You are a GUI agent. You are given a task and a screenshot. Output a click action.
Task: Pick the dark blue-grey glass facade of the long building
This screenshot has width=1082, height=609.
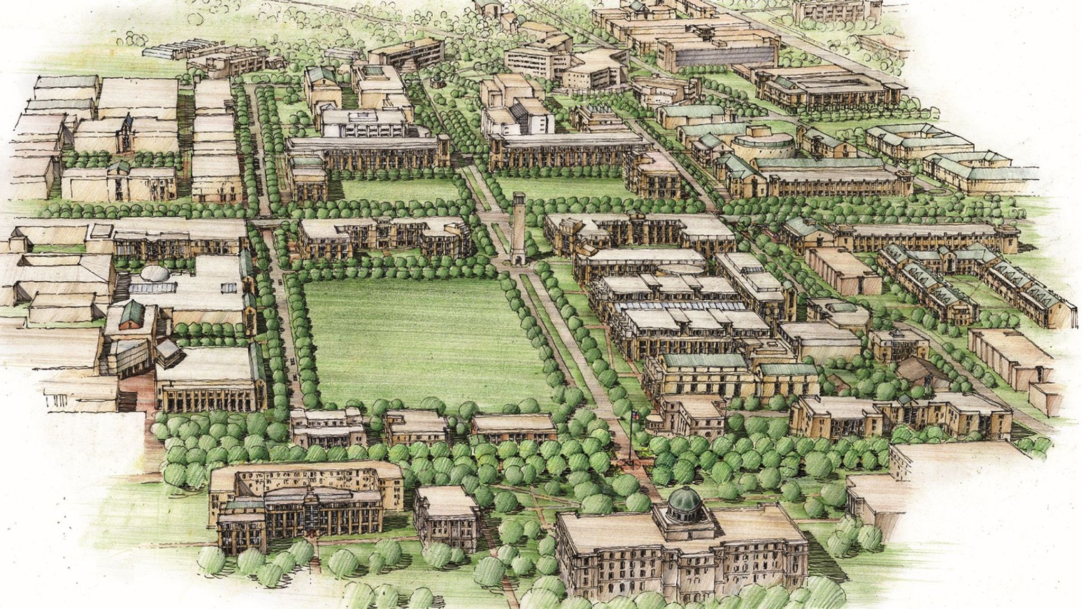(724, 55)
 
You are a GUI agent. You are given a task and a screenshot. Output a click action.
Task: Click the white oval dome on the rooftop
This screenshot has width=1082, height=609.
(155, 274)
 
